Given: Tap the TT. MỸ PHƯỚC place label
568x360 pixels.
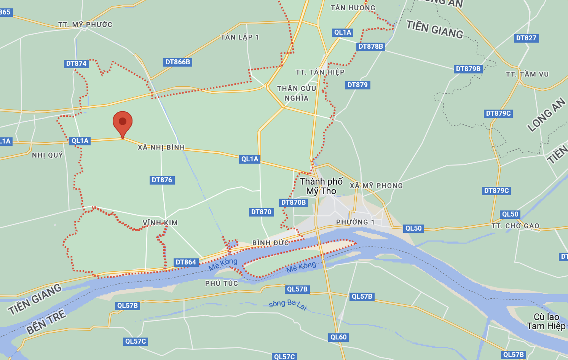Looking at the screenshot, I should tap(85, 25).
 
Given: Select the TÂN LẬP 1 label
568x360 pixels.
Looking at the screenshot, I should tap(240, 37).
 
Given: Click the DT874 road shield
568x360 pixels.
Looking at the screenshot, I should tap(77, 64).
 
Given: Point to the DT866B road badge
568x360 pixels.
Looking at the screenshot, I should tap(178, 62).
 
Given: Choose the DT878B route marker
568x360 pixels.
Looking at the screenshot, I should tap(371, 46).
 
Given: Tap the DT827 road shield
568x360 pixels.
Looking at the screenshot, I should tap(526, 38).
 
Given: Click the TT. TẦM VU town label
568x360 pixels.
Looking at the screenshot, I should tap(527, 74).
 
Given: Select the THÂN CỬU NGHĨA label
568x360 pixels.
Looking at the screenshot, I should tap(297, 93).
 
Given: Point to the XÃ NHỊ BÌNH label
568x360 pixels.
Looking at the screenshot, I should tap(161, 147).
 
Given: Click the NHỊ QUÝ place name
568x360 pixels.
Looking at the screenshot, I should tap(48, 155).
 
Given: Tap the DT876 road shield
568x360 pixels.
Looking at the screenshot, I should tap(162, 180).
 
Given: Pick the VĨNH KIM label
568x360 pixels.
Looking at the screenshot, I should tap(160, 223).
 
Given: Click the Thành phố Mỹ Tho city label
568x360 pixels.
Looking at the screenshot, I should tap(321, 186).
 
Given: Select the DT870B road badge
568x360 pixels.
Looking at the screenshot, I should tap(294, 202).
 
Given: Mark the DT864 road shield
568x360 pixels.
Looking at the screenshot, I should tap(186, 262).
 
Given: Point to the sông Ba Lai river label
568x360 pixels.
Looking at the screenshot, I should tap(288, 304).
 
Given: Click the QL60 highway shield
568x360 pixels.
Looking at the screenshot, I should tap(338, 337).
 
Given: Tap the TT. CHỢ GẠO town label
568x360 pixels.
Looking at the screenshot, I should tap(515, 226).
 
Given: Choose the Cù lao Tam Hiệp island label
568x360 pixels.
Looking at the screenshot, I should tap(546, 322).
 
